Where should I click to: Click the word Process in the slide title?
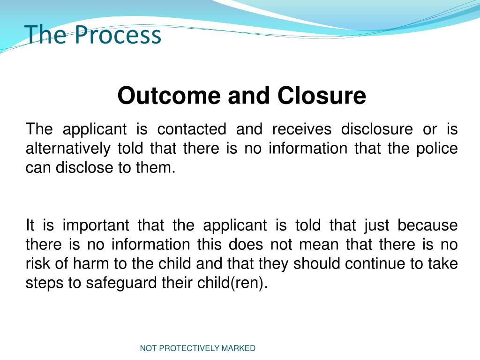(x=118, y=36)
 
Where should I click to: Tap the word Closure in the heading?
(x=321, y=96)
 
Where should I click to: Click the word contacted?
(x=192, y=129)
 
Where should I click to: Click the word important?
(x=96, y=225)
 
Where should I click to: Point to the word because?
(x=427, y=225)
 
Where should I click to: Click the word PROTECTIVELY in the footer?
(x=189, y=348)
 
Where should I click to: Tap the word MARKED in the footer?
(x=239, y=348)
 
